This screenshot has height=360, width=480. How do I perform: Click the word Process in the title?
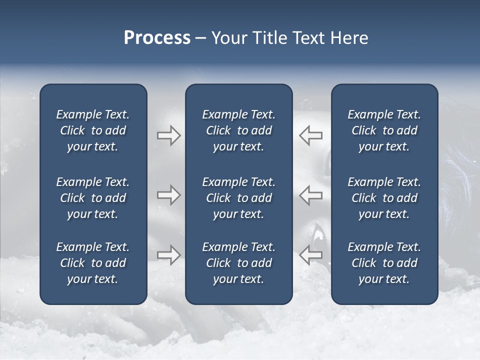[x=157, y=38]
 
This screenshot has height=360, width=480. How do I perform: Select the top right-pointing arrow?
[x=168, y=135]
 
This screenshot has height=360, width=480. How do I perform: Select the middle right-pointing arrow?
[x=168, y=195]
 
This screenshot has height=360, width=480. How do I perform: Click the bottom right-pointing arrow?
[x=168, y=254]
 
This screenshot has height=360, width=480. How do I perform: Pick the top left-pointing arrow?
[x=311, y=135]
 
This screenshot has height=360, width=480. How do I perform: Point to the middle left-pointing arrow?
[x=311, y=195]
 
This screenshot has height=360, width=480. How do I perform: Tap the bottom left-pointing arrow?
[x=311, y=254]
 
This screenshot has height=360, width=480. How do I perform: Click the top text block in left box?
[x=93, y=130]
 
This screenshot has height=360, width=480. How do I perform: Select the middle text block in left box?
[x=93, y=198]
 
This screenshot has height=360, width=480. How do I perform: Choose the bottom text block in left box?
[x=93, y=263]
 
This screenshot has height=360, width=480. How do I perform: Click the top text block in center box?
[x=238, y=130]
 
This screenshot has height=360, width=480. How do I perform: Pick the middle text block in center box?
[x=238, y=198]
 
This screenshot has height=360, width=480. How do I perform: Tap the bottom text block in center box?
[x=238, y=263]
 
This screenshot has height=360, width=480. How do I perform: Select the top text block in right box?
[x=384, y=130]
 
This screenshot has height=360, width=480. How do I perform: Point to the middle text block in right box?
[x=384, y=198]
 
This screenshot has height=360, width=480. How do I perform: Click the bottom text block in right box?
[x=384, y=263]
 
